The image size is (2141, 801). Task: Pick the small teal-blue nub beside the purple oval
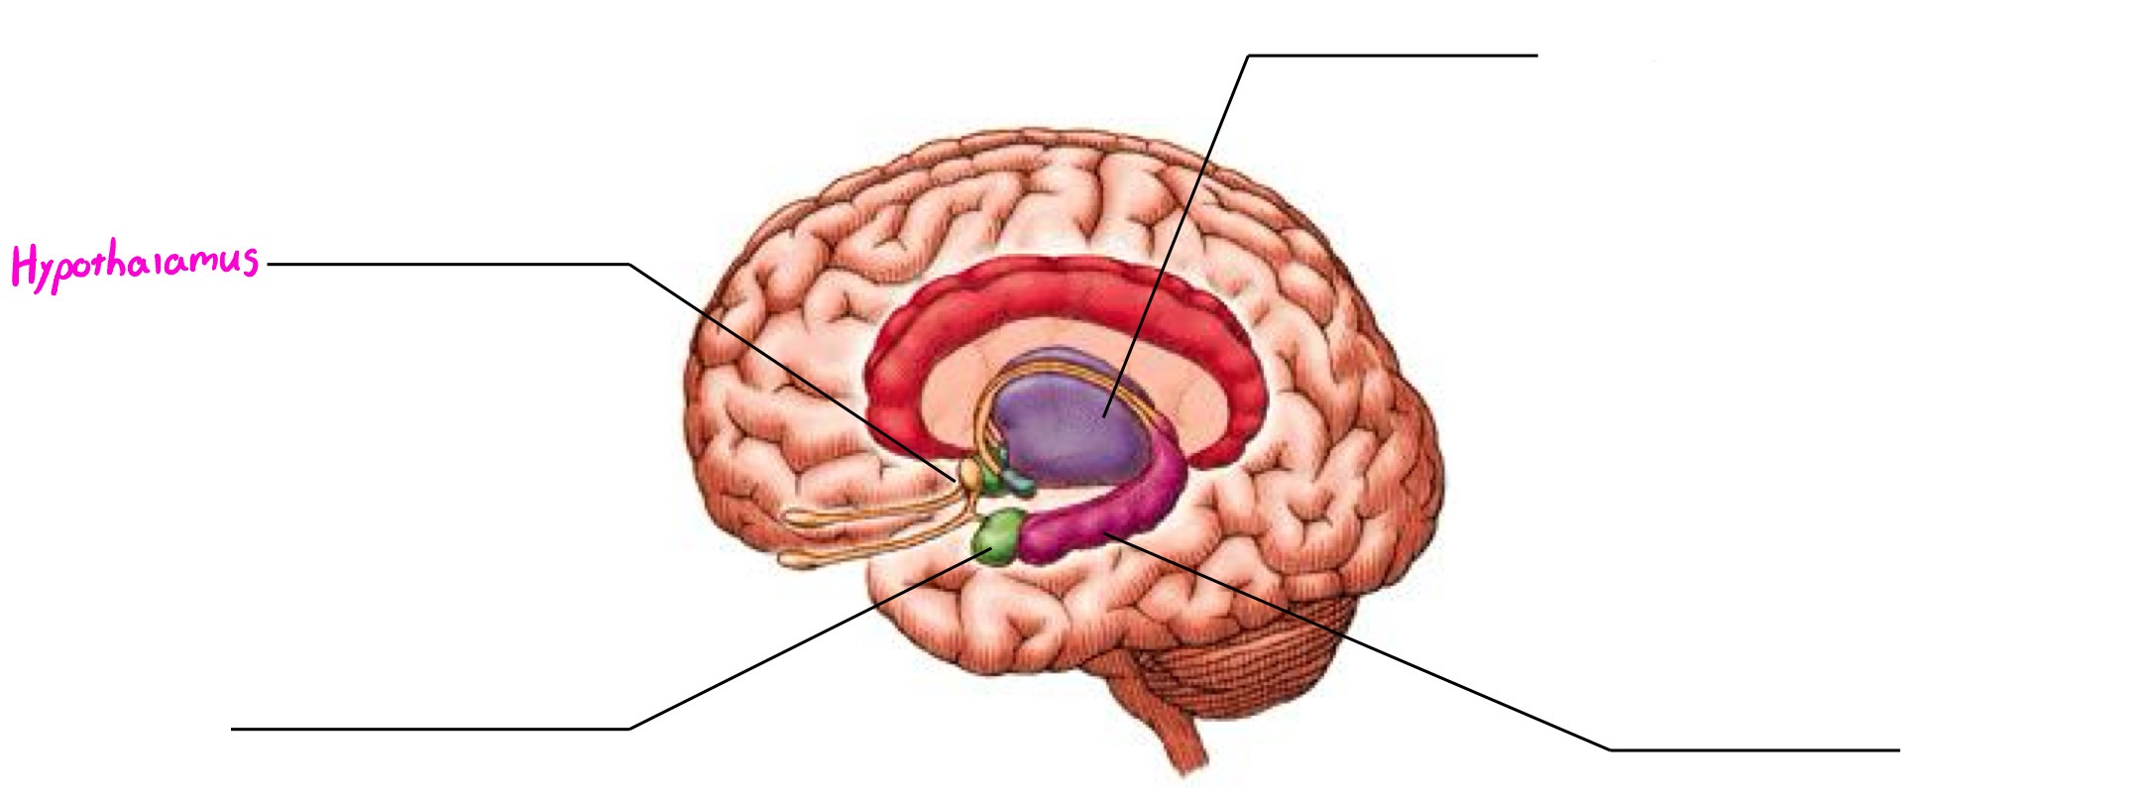[x=1019, y=485]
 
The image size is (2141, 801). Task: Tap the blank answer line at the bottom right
[x=1754, y=750]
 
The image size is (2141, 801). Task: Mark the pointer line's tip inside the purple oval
[x=1103, y=416]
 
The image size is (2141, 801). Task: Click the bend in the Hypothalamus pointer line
[x=628, y=265]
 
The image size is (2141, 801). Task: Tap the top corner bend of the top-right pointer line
[x=1248, y=56]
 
